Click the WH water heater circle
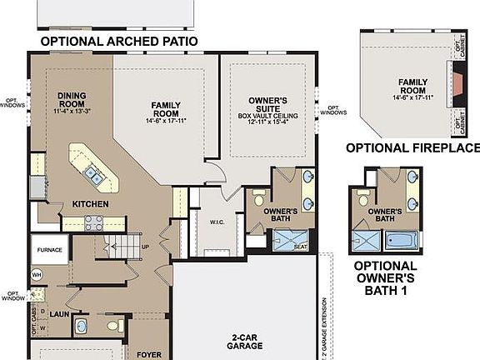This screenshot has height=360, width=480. (x=37, y=275)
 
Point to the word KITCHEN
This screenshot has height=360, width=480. (x=90, y=203)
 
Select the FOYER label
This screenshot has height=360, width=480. (x=149, y=354)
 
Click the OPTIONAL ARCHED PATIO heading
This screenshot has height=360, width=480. (x=120, y=41)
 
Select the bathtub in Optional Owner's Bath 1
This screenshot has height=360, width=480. (x=401, y=241)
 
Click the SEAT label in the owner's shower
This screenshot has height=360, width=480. (x=301, y=246)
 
